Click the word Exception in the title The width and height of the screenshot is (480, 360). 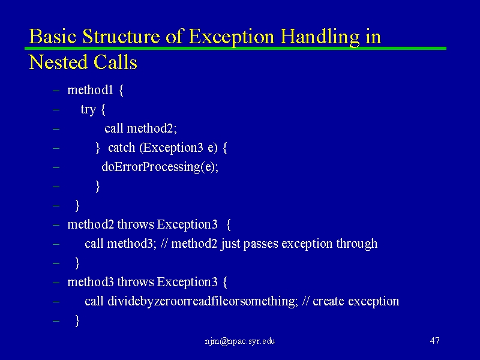pyautogui.click(x=231, y=37)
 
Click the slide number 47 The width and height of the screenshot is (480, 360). pyautogui.click(x=434, y=341)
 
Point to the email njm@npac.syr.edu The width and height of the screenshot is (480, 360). pyautogui.click(x=240, y=341)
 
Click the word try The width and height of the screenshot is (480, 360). pyautogui.click(x=88, y=110)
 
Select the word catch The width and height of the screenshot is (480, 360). pyautogui.click(x=122, y=148)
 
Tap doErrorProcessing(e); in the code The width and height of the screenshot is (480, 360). pyautogui.click(x=160, y=167)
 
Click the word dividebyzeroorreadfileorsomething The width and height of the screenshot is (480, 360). pyautogui.click(x=203, y=301)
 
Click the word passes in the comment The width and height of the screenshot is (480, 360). pyautogui.click(x=260, y=244)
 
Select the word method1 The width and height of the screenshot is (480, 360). pyautogui.click(x=91, y=90)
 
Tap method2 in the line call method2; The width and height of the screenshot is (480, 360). pyautogui.click(x=152, y=128)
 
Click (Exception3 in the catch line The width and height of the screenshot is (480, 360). pyautogui.click(x=172, y=148)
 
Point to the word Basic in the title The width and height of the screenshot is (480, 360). pyautogui.click(x=53, y=37)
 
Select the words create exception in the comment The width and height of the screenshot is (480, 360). pyautogui.click(x=356, y=302)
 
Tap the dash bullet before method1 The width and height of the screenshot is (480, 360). pyautogui.click(x=56, y=91)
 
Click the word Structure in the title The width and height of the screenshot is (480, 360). pyautogui.click(x=121, y=37)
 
